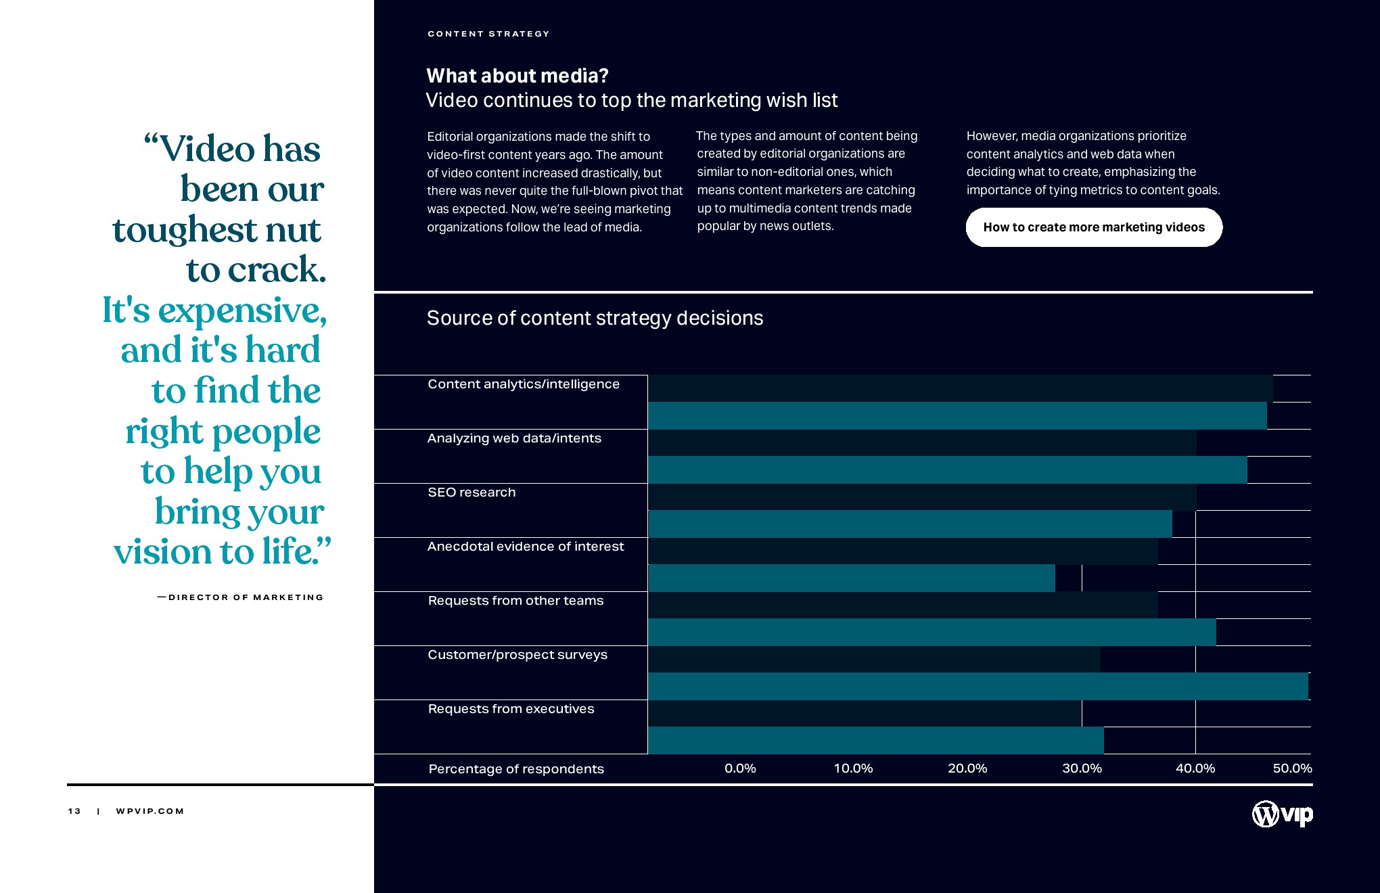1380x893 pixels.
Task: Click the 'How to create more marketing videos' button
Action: [x=1094, y=227]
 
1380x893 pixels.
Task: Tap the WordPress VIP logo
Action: [x=1282, y=814]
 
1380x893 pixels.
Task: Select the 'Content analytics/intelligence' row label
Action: [x=524, y=384]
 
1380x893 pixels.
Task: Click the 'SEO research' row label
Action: [x=471, y=493]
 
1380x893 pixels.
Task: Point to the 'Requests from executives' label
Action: [x=511, y=709]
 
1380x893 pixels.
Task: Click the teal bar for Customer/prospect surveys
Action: [x=977, y=686]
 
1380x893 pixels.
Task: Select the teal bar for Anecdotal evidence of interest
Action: [x=851, y=578]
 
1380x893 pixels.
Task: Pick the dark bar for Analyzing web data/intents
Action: [x=922, y=442]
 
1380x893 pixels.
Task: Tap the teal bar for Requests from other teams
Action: [x=931, y=632]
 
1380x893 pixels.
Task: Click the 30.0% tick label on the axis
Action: [x=1082, y=769]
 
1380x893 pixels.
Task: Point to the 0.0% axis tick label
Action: [x=740, y=769]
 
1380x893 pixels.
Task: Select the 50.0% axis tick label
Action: [x=1292, y=769]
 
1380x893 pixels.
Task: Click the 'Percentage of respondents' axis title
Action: [x=516, y=769]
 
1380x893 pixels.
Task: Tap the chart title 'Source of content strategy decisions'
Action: [x=595, y=318]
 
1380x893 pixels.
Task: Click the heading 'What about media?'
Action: [x=517, y=76]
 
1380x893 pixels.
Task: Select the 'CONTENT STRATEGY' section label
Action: [x=488, y=34]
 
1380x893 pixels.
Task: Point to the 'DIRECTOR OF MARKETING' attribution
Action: [x=246, y=597]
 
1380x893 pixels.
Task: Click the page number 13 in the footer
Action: [x=74, y=811]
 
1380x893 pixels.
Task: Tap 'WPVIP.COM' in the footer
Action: [x=150, y=811]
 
